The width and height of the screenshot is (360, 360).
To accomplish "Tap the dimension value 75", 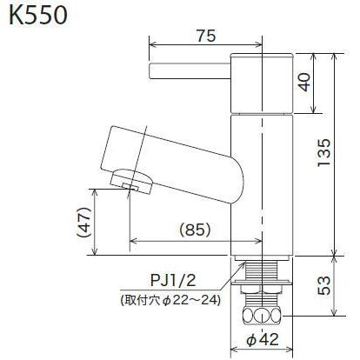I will pyautogui.click(x=205, y=36).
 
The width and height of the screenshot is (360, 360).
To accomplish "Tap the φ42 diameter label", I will pyautogui.click(x=261, y=340).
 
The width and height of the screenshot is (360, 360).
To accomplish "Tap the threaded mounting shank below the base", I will pyautogui.click(x=260, y=282).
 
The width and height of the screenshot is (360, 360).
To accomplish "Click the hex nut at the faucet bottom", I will pyautogui.click(x=260, y=315).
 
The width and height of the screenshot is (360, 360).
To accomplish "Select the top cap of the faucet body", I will pyautogui.click(x=260, y=83).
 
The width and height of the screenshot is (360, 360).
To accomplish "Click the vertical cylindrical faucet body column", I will pyautogui.click(x=260, y=174).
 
